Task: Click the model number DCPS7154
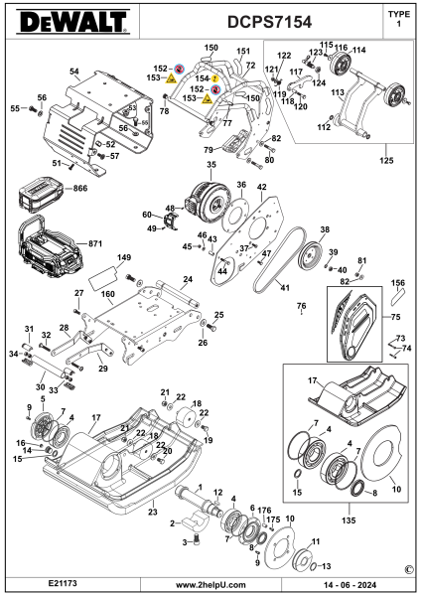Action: (x=268, y=22)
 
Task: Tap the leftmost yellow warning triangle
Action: (x=171, y=77)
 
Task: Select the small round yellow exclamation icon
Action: (x=214, y=78)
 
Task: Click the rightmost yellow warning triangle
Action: (x=207, y=98)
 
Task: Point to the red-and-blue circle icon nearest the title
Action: (x=180, y=69)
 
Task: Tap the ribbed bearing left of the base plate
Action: (x=43, y=427)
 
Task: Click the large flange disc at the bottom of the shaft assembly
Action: (x=280, y=546)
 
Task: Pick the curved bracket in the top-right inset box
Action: (x=361, y=104)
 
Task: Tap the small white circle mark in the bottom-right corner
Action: (x=409, y=569)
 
